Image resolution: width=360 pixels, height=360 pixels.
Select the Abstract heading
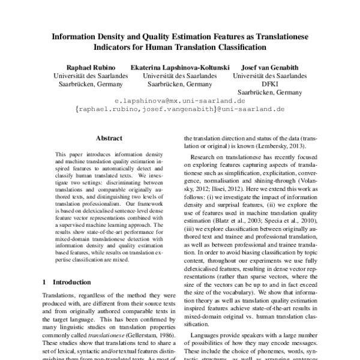[x=109, y=138]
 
